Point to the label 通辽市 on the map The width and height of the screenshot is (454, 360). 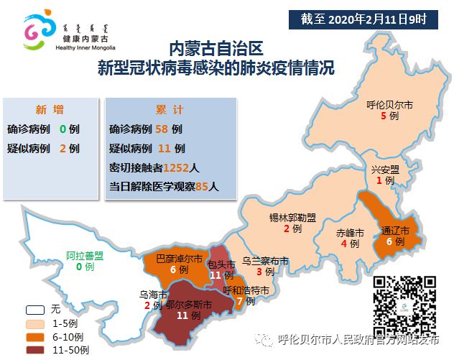pos(395,231)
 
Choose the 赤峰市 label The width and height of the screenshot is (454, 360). pos(350,233)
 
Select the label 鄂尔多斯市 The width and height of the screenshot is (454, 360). pos(188,305)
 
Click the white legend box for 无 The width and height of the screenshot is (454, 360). pos(32,310)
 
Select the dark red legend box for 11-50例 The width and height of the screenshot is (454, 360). pos(32,349)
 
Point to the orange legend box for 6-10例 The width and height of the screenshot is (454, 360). pos(32,336)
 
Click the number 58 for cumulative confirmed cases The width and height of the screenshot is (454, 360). pos(162,130)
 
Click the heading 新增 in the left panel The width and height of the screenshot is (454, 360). pos(50,110)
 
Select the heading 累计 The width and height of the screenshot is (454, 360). pos(170,110)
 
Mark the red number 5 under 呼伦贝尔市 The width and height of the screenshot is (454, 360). pos(384,116)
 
